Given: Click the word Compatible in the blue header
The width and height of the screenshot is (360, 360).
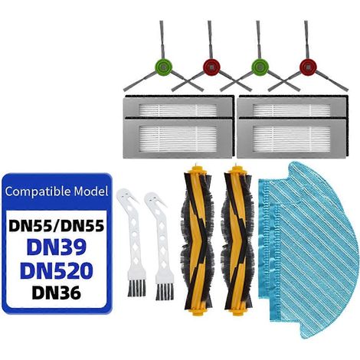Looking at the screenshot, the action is coord(38,191).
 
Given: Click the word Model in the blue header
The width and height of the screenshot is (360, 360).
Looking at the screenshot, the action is coord(91,191).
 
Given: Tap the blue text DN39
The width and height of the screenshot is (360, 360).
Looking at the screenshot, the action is coord(57,247).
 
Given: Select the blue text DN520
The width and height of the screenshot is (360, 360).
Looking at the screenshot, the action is coord(57,271).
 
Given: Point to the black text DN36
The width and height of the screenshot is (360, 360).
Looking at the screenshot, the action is coord(57,293).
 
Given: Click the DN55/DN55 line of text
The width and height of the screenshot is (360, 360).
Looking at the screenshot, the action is coord(57,225).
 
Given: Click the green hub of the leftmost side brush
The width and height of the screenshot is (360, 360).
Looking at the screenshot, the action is coord(163,67).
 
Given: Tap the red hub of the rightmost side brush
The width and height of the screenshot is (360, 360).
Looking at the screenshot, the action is coord(308,67).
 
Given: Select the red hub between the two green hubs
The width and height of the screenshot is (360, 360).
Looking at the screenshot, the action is coord(211,67).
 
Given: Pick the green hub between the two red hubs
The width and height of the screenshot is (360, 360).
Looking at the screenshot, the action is coord(260,67).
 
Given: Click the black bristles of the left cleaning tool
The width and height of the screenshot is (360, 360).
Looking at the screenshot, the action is coord(136,288).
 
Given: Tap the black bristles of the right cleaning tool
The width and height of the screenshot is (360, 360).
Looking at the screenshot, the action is coord(165,291).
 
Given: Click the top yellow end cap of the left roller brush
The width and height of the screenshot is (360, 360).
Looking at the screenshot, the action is coord(195,169).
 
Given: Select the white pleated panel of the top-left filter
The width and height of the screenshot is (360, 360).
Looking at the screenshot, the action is coord(178,110).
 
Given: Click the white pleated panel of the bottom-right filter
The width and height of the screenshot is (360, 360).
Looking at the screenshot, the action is coord(292,138).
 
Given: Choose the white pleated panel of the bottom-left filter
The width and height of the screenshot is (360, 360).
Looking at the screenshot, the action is coord(178,138).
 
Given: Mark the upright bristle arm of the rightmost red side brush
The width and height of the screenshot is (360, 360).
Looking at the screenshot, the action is coord(306,40).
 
